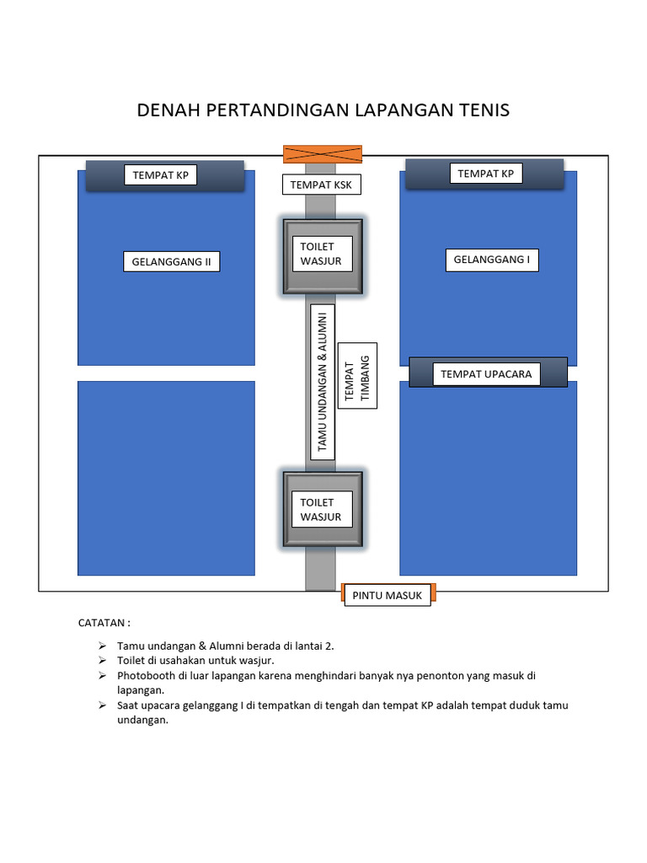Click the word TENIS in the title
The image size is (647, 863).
tap(483, 110)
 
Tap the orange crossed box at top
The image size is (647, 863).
tap(322, 153)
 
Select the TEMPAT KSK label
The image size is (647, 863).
tap(320, 185)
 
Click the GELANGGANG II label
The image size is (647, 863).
tap(171, 261)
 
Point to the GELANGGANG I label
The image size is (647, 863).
tap(491, 260)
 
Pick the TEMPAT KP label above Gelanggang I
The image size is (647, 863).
tap(485, 174)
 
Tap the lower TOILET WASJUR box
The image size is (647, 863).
tap(323, 510)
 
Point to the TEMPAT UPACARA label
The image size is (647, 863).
tap(486, 373)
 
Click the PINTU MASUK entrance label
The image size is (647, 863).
tap(387, 595)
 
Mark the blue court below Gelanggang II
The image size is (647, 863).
tap(166, 478)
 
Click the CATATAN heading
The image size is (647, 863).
tap(104, 624)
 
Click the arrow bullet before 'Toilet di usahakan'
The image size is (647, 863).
tap(102, 661)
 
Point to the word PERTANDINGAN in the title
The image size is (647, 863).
tap(272, 110)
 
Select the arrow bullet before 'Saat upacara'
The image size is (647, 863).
tap(102, 705)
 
